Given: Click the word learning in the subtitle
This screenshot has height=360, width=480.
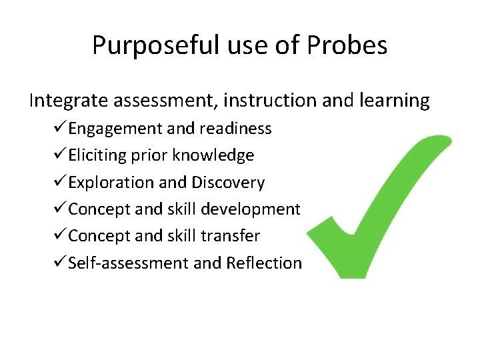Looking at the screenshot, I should [396, 101].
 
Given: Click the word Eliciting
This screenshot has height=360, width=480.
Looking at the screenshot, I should [93, 155].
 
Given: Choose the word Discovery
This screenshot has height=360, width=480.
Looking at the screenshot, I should [228, 183].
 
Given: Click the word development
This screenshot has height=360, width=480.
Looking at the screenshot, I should [251, 209].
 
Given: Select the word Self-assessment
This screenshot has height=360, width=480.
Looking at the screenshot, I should [128, 263].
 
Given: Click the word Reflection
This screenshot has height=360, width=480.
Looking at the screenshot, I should [264, 263].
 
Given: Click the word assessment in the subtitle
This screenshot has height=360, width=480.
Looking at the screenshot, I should [164, 101].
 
